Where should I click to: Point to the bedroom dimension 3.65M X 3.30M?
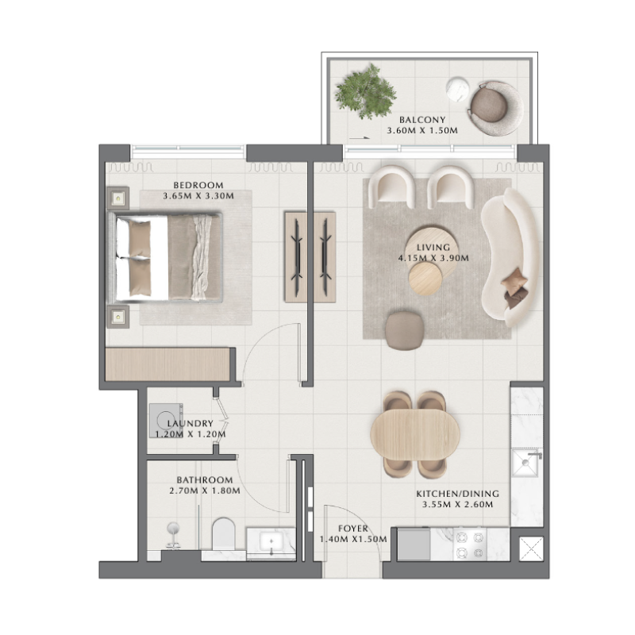coord(198,196)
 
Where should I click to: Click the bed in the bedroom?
coord(169,258)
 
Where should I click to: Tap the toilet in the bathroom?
coord(225,537)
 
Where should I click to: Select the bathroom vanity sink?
coord(271,542)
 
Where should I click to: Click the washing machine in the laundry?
coord(165,421)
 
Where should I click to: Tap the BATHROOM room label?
coord(205,480)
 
